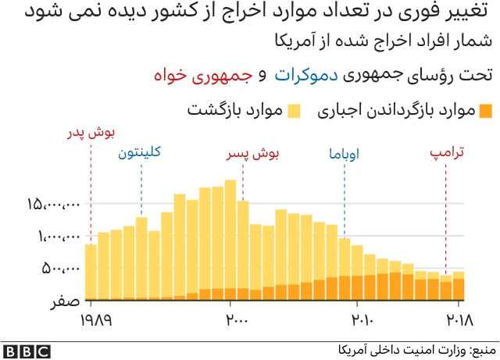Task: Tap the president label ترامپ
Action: pos(447,154)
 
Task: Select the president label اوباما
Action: pos(345,154)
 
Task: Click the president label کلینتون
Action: pos(140,153)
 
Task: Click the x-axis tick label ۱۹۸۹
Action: pos(97,320)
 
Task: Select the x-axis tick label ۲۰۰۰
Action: pos(237,320)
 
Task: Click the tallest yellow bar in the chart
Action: pos(230,238)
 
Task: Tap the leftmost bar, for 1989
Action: pos(91,271)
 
